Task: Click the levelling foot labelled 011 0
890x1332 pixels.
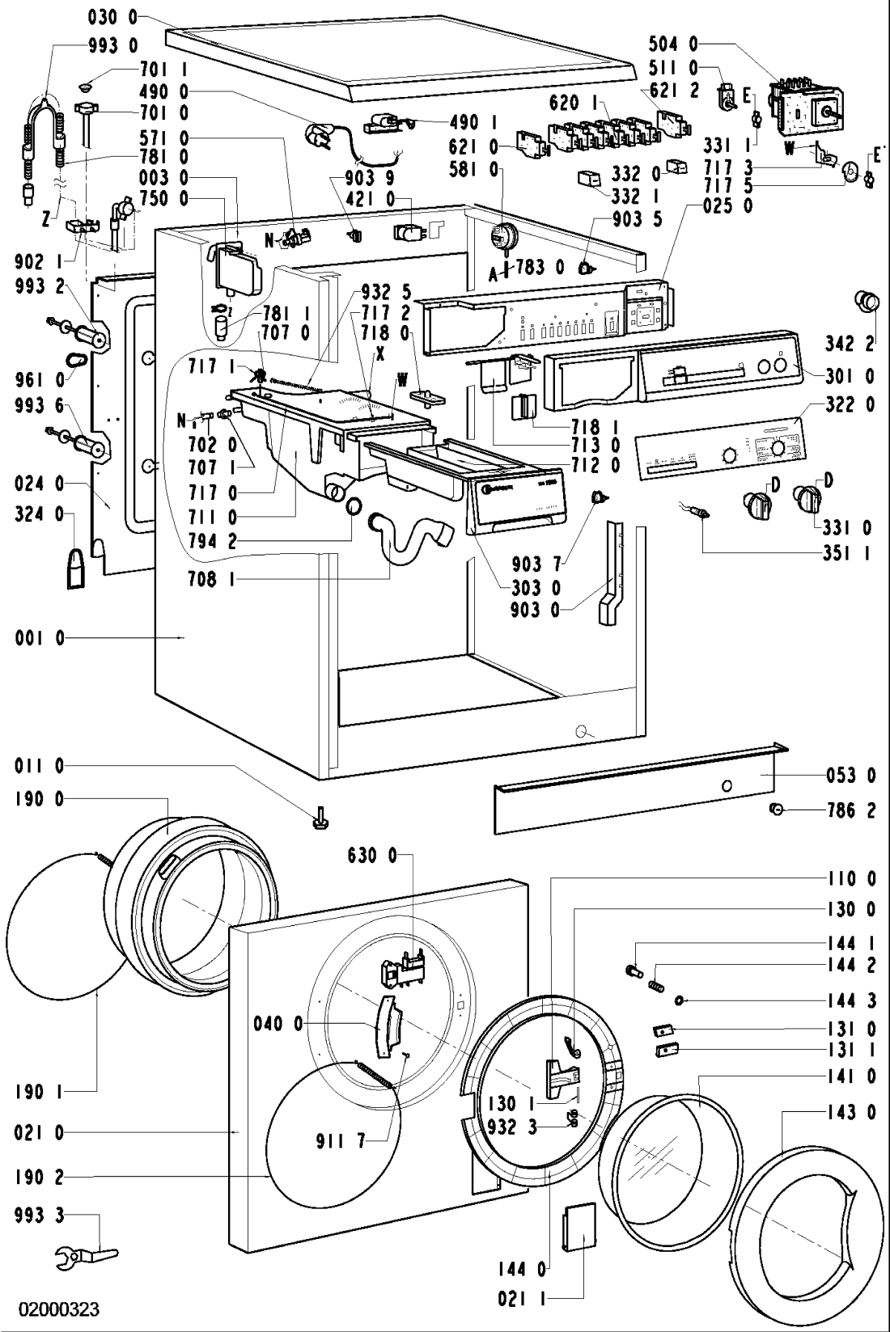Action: coord(318,822)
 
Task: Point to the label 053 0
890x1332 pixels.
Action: coord(849,776)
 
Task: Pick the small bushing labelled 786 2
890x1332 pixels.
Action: coord(775,810)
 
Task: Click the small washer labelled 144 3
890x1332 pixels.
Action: coord(680,1001)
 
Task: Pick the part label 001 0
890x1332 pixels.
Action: coord(39,639)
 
